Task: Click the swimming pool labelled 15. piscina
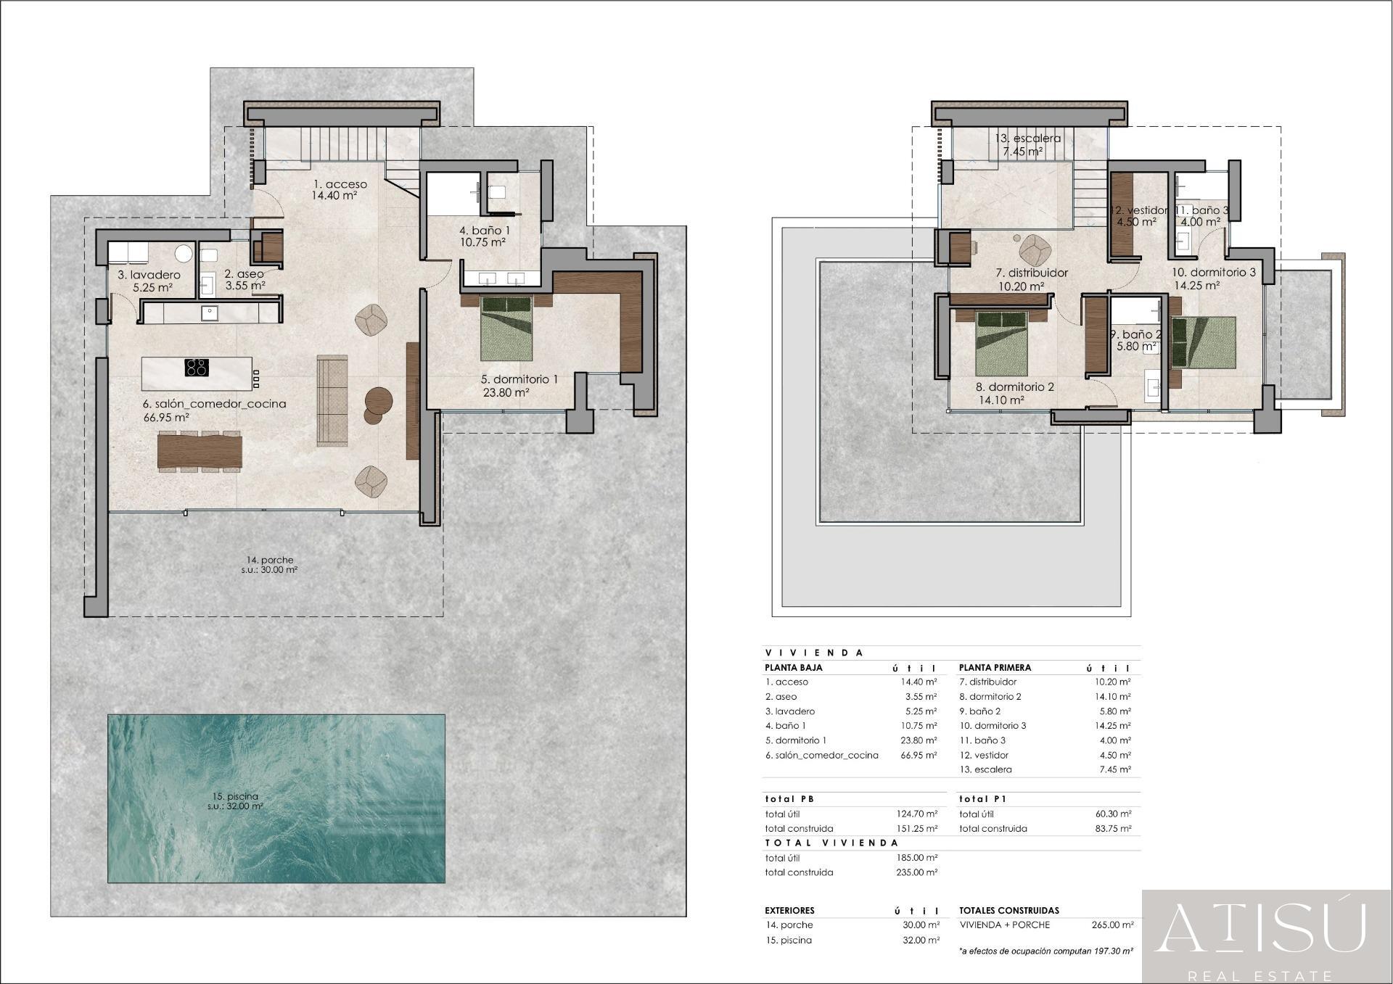pyautogui.click(x=276, y=798)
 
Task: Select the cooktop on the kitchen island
pyautogui.click(x=197, y=367)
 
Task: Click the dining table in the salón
pyautogui.click(x=200, y=451)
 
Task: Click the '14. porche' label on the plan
pyautogui.click(x=270, y=560)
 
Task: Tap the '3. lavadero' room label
pyautogui.click(x=149, y=275)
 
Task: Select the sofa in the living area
pyautogui.click(x=332, y=400)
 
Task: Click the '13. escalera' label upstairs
pyautogui.click(x=1027, y=138)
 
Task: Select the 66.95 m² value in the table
pyautogui.click(x=919, y=755)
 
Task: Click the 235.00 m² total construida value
pyautogui.click(x=919, y=872)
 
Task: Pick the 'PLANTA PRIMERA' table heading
pyautogui.click(x=995, y=667)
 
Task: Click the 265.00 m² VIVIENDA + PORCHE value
pyautogui.click(x=1112, y=925)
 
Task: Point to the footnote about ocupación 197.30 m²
pyautogui.click(x=1045, y=950)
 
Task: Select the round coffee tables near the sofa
pyautogui.click(x=378, y=404)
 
